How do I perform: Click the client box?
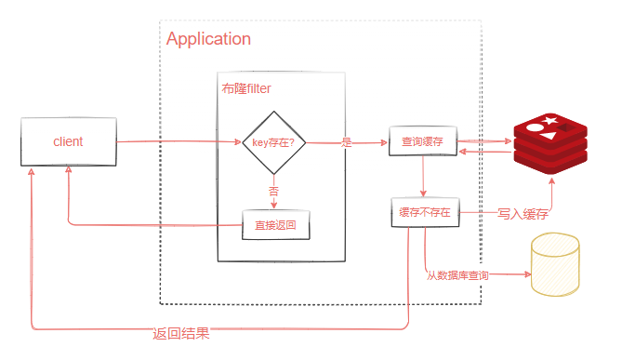point(69,142)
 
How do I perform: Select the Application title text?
point(208,39)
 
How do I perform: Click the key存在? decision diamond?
point(273,142)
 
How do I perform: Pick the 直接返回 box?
point(275,224)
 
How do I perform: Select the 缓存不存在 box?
point(424,213)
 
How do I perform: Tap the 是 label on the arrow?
point(347,142)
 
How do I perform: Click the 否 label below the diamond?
point(273,190)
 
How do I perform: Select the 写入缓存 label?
point(523,213)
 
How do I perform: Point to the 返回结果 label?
point(181,334)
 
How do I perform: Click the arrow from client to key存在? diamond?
point(177,142)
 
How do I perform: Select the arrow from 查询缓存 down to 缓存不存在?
point(424,177)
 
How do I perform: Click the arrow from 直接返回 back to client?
point(149,224)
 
